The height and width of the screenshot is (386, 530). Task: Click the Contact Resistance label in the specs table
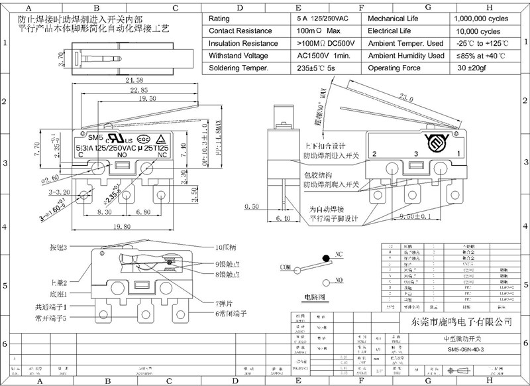240,31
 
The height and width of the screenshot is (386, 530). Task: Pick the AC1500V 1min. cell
323,56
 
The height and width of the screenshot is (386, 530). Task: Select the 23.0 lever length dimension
422,97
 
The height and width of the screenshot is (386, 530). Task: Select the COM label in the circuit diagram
286,267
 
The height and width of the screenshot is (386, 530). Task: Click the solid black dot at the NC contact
325,258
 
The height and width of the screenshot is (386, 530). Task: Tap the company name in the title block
458,322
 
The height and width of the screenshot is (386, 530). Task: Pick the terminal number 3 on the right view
415,154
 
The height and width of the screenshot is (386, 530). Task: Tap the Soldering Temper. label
238,68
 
